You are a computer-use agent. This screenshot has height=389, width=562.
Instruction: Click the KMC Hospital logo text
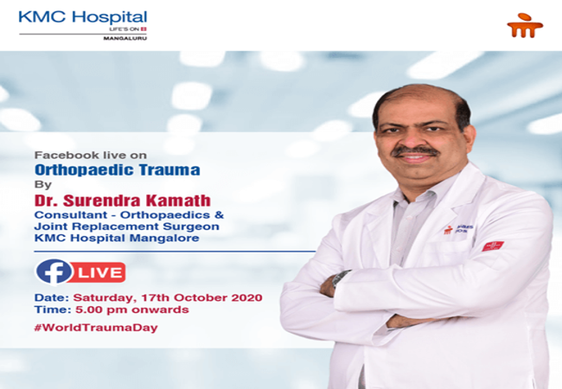pyautogui.click(x=82, y=17)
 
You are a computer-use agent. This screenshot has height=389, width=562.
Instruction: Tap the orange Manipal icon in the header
pyautogui.click(x=525, y=25)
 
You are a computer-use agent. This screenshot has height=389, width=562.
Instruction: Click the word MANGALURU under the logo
pyautogui.click(x=125, y=39)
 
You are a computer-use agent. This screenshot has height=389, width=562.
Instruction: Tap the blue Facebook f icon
pyautogui.click(x=54, y=271)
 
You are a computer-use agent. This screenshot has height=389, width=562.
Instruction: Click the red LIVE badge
pyautogui.click(x=99, y=272)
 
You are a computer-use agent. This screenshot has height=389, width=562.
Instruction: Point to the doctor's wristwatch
pyautogui.click(x=341, y=279)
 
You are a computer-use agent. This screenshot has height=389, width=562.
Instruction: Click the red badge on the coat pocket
pyautogui.click(x=492, y=246)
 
